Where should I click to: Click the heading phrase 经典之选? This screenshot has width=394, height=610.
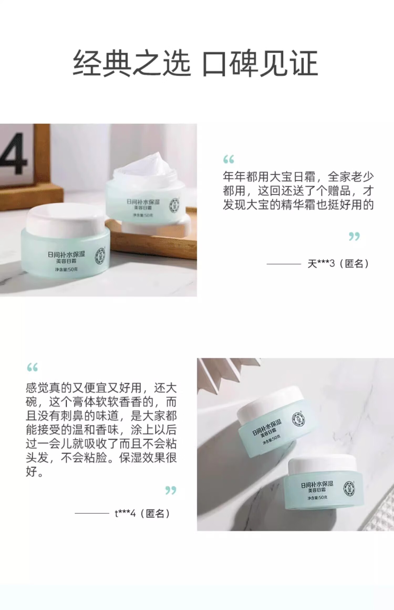pos(131,64)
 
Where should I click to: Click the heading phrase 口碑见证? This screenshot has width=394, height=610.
pos(260,64)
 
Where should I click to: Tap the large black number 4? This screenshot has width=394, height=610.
pos(13,154)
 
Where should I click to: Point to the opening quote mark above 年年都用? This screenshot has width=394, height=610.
pos(229,159)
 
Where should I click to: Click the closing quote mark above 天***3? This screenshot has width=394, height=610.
pos(354,236)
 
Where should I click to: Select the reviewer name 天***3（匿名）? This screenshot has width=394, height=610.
pos(338,263)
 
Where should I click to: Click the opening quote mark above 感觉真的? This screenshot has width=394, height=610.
pos(32,367)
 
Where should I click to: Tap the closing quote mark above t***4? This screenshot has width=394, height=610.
pos(171,490)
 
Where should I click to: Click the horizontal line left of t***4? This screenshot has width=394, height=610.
pos(92,513)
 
